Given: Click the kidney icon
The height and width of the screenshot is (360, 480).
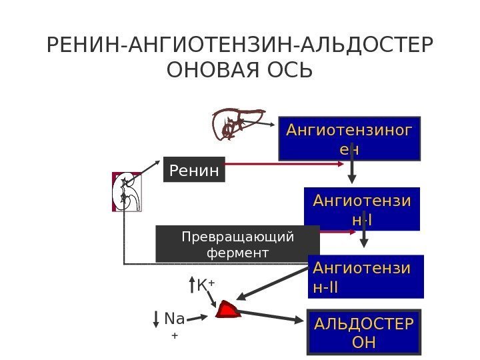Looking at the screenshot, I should (x=126, y=192).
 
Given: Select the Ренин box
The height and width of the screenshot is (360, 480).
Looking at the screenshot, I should (x=194, y=170).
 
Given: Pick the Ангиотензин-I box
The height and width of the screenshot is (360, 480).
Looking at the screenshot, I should (x=362, y=209).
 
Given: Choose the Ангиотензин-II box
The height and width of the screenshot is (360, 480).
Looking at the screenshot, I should (x=367, y=277).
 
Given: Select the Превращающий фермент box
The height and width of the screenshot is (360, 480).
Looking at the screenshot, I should (x=237, y=244).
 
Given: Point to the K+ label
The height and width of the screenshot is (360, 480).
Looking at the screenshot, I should (x=205, y=285).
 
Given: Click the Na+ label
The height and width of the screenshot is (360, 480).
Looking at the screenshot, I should (x=174, y=325).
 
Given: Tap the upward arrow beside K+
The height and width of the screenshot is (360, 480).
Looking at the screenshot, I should (x=191, y=285).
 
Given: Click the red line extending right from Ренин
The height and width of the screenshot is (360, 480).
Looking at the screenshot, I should (x=287, y=163).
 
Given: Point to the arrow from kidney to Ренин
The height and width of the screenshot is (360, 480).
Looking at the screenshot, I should (x=148, y=167).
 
